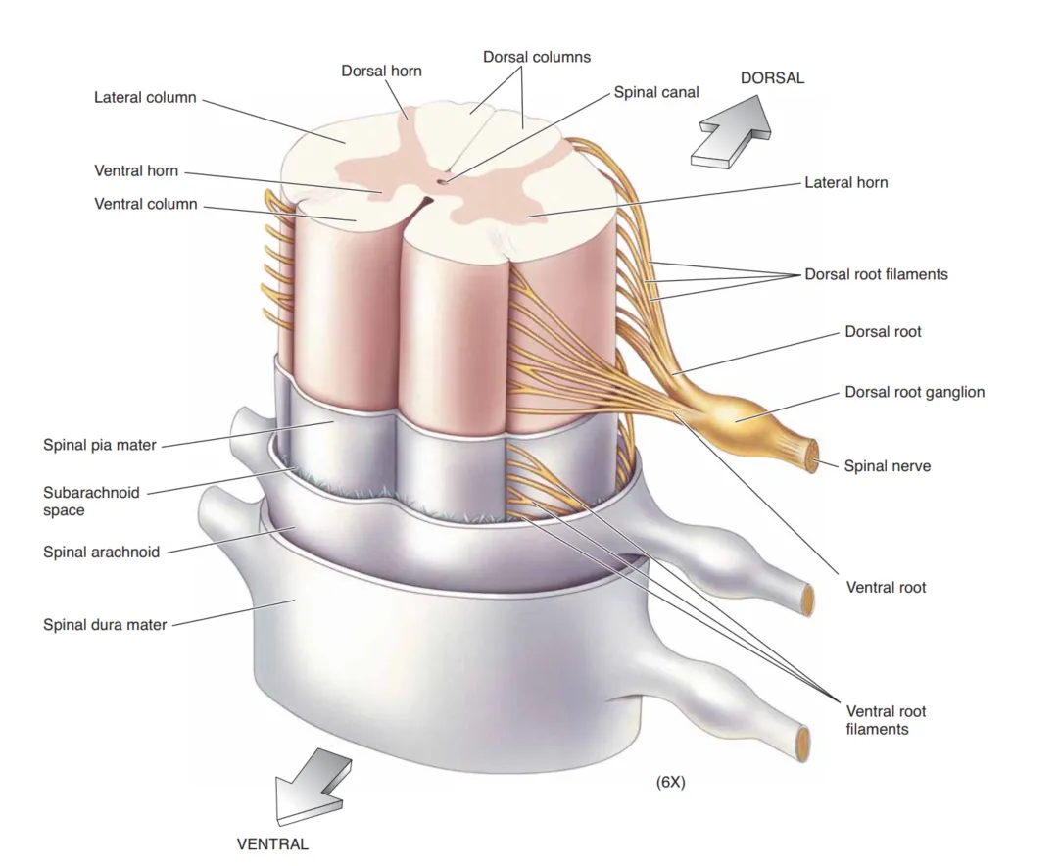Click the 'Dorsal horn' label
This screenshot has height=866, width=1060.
pyautogui.click(x=381, y=71)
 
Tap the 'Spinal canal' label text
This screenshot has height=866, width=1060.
pyautogui.click(x=656, y=92)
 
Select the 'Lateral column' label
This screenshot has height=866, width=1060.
pyautogui.click(x=145, y=98)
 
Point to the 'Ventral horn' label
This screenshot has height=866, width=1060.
pyautogui.click(x=136, y=170)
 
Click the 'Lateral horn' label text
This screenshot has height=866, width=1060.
pyautogui.click(x=845, y=182)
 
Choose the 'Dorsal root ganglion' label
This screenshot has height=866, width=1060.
pyautogui.click(x=914, y=392)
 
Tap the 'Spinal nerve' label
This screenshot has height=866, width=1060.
pyautogui.click(x=887, y=466)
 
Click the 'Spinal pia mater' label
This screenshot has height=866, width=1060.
pyautogui.click(x=99, y=445)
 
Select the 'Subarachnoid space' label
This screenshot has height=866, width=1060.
pyautogui.click(x=91, y=501)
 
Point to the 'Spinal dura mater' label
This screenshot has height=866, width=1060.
pyautogui.click(x=105, y=624)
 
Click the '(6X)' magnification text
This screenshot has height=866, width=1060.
pyautogui.click(x=670, y=782)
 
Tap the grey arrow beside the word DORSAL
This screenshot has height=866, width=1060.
pyautogui.click(x=730, y=131)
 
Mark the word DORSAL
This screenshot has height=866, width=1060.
pyautogui.click(x=772, y=78)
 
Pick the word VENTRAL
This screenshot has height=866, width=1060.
pyautogui.click(x=272, y=843)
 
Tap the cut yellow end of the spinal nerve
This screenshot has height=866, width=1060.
pyautogui.click(x=812, y=457)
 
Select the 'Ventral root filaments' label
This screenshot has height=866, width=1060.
pyautogui.click(x=886, y=720)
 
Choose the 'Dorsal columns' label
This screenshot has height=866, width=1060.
pyautogui.click(x=537, y=57)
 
